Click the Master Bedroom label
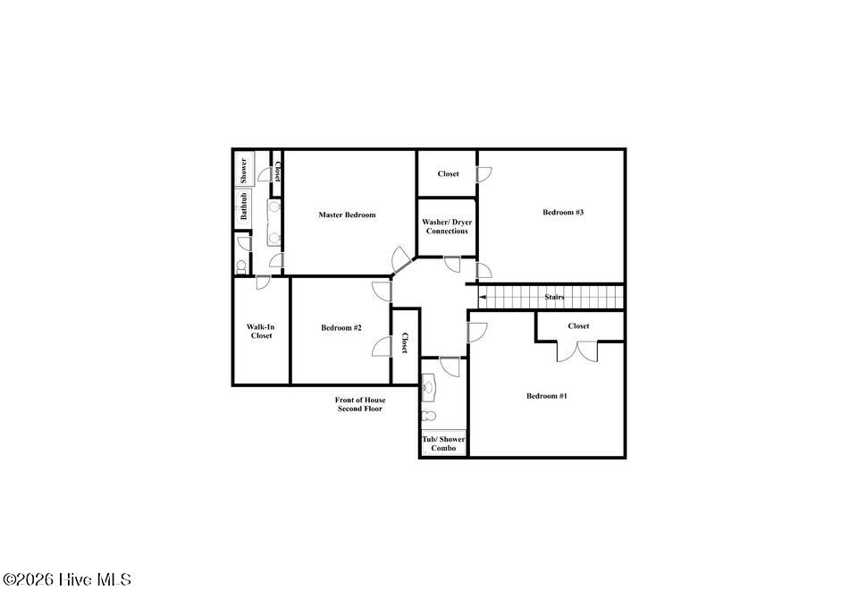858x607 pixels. click(x=347, y=215)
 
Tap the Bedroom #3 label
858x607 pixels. click(x=563, y=212)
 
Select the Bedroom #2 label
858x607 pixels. click(x=341, y=327)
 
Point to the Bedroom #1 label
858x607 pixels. click(x=547, y=396)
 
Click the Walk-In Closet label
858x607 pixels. click(x=261, y=331)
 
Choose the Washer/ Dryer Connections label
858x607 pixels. click(x=447, y=226)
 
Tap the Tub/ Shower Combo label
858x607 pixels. click(x=443, y=443)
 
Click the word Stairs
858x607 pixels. click(x=554, y=297)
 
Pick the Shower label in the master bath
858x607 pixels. click(x=243, y=171)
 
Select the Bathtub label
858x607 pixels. click(x=243, y=207)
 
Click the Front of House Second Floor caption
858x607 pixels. click(x=360, y=404)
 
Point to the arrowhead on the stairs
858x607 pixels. click(x=482, y=297)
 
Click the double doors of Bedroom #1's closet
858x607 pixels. click(x=578, y=351)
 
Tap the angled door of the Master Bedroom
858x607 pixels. click(x=400, y=259)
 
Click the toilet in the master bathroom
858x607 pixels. click(x=240, y=266)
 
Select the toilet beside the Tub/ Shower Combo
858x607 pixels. click(x=429, y=417)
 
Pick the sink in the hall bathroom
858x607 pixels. click(x=428, y=387)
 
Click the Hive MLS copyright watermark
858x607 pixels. click(x=67, y=579)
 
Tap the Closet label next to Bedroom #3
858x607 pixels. click(x=448, y=173)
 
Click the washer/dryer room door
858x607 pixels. click(x=452, y=264)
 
